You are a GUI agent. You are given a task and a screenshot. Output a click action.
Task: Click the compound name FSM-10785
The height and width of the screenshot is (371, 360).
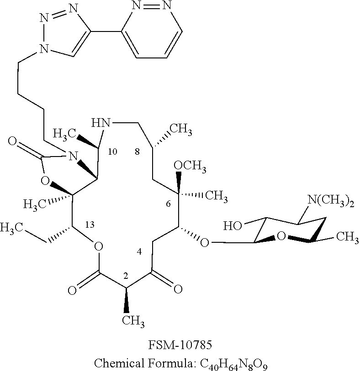pos(180,343)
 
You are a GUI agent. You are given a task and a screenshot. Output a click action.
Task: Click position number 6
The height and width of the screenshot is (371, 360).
pos(168,204)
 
